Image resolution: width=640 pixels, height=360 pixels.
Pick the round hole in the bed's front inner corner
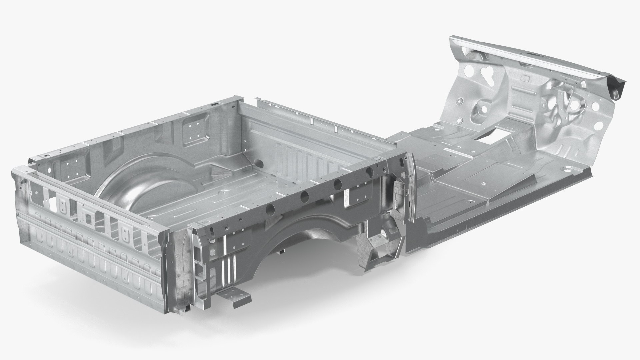tap(257, 163)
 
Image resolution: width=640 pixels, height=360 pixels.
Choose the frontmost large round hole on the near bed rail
tap(369, 172)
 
